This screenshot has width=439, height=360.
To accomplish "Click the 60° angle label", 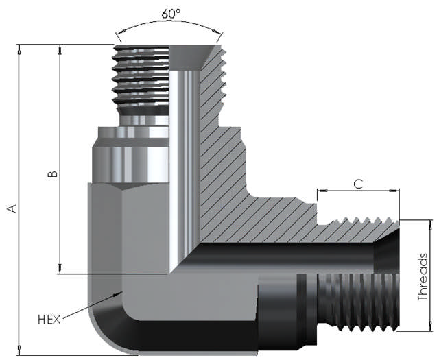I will pyautogui.click(x=170, y=14).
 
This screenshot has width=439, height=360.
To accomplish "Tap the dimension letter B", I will pyautogui.click(x=52, y=174).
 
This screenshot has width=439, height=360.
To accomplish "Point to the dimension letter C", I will pyautogui.click(x=358, y=184).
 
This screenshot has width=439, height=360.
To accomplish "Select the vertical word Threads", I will pyautogui.click(x=424, y=277).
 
